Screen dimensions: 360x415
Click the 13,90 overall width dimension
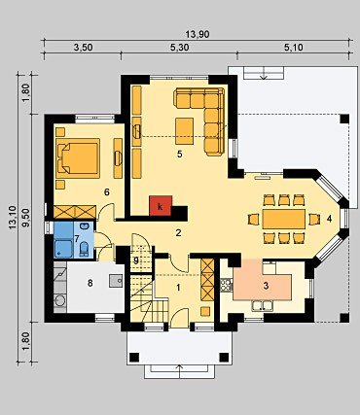pyautogui.click(x=198, y=34)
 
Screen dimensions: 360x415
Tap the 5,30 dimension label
pyautogui.click(x=179, y=48)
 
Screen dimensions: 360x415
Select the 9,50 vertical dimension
pyautogui.click(x=26, y=218)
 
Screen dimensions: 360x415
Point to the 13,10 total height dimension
pyautogui.click(x=13, y=218)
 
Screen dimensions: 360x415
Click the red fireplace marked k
pyautogui.click(x=161, y=205)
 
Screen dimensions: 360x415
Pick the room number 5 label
pyautogui.click(x=179, y=155)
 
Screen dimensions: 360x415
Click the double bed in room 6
pyautogui.click(x=78, y=158)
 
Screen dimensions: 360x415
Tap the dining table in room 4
pyautogui.click(x=284, y=219)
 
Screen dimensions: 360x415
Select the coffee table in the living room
pyautogui.click(x=185, y=131)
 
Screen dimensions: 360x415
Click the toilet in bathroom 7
pyautogui.click(x=84, y=249)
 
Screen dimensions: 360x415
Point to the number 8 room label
pyautogui.click(x=90, y=283)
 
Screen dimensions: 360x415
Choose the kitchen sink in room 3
pyautogui.click(x=263, y=306)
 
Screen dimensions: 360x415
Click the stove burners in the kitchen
pyautogui.click(x=227, y=285)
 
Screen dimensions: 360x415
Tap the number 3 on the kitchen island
pyautogui.click(x=266, y=286)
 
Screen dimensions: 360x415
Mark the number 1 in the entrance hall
pyautogui.click(x=178, y=287)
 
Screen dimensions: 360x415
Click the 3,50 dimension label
pyautogui.click(x=83, y=48)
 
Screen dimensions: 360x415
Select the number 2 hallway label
pyautogui.click(x=178, y=232)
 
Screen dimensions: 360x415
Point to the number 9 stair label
pyautogui.click(x=136, y=259)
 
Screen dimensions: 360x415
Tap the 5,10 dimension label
pyautogui.click(x=293, y=48)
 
